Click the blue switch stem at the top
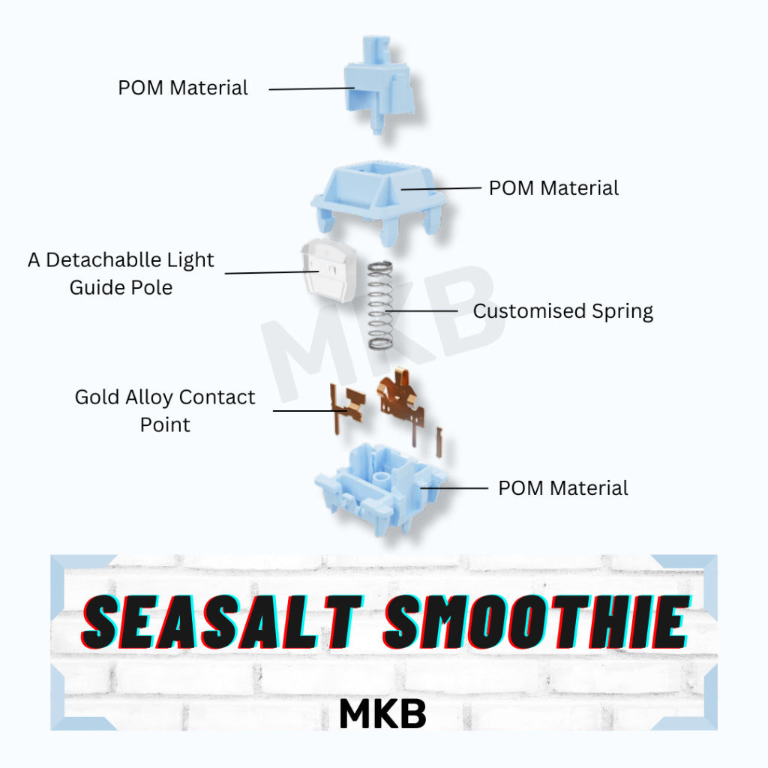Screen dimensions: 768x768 click(x=379, y=86)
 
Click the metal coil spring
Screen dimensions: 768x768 click(x=380, y=304)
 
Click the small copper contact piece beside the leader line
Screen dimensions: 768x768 click(x=344, y=409)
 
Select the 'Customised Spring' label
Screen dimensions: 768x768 click(x=562, y=310)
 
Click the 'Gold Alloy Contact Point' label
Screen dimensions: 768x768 click(x=165, y=410)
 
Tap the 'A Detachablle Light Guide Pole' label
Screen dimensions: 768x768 click(x=121, y=274)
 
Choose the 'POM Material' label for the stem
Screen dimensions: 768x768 click(x=183, y=88)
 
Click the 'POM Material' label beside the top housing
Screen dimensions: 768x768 click(x=553, y=188)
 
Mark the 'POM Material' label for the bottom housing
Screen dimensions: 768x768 click(x=562, y=488)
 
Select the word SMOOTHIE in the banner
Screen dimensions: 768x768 click(x=535, y=622)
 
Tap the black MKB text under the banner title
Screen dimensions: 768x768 click(x=382, y=715)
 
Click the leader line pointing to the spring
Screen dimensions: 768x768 click(x=424, y=310)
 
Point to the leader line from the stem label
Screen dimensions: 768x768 click(x=311, y=88)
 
